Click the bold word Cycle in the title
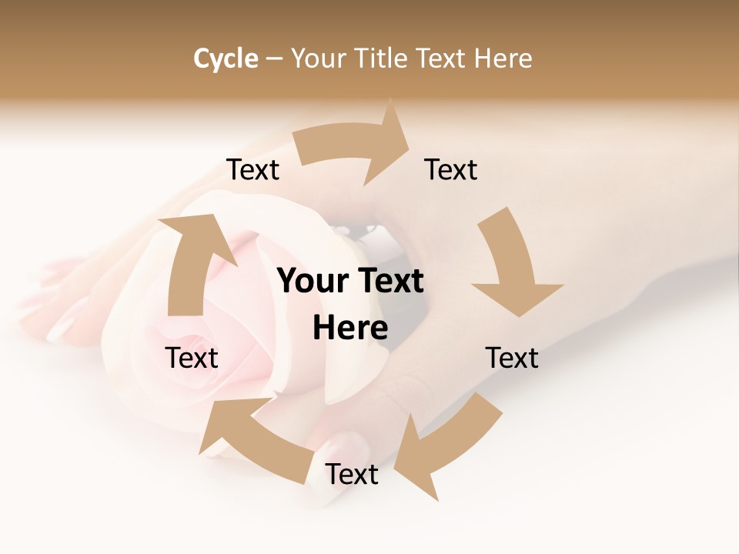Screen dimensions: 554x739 [x=226, y=58]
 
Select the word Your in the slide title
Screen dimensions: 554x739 [x=318, y=58]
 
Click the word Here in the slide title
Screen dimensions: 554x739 [x=503, y=58]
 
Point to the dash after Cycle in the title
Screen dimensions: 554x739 [x=274, y=59]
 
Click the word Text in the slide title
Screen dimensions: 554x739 [x=442, y=58]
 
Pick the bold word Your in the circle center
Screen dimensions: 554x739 [x=313, y=282]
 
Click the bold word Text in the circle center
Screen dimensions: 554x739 [x=389, y=282]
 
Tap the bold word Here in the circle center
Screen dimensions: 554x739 [x=350, y=329]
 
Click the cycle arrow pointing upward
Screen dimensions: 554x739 [x=192, y=265]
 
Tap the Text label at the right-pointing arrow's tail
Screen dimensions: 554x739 [x=252, y=170]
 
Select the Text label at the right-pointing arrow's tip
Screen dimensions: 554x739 [x=451, y=170]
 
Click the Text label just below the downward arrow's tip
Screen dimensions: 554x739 [x=512, y=358]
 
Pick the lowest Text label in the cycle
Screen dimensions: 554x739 [x=351, y=474]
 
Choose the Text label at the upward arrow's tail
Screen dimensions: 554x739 [x=192, y=358]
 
